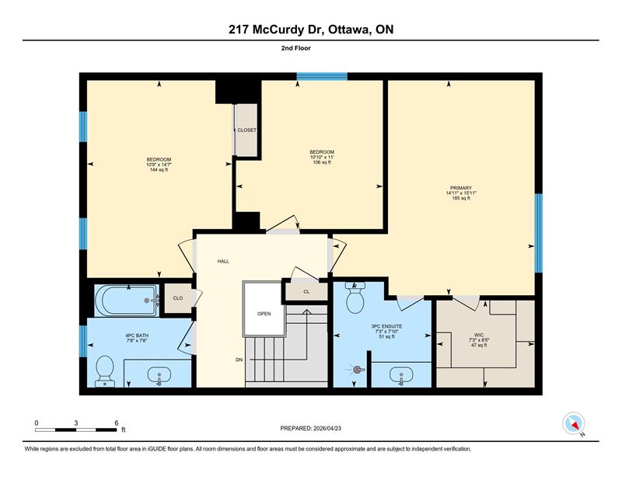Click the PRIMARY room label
click(x=460, y=188)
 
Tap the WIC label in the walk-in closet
click(x=479, y=335)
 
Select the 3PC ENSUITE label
click(x=386, y=326)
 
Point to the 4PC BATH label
click(x=137, y=336)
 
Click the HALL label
click(x=223, y=261)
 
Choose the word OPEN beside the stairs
click(x=264, y=314)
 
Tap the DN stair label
click(x=239, y=360)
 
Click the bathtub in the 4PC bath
click(x=127, y=301)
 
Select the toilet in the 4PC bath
click(x=105, y=371)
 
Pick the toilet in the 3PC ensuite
click(x=355, y=298)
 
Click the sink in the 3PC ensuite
click(x=401, y=375)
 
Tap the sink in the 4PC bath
click(x=159, y=375)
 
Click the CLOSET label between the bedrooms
click(x=246, y=130)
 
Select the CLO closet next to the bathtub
click(x=178, y=298)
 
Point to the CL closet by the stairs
click(x=306, y=292)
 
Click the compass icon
click(x=574, y=423)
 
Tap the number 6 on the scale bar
click(x=116, y=423)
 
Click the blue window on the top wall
click(x=322, y=76)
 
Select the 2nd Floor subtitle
click(x=296, y=48)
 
